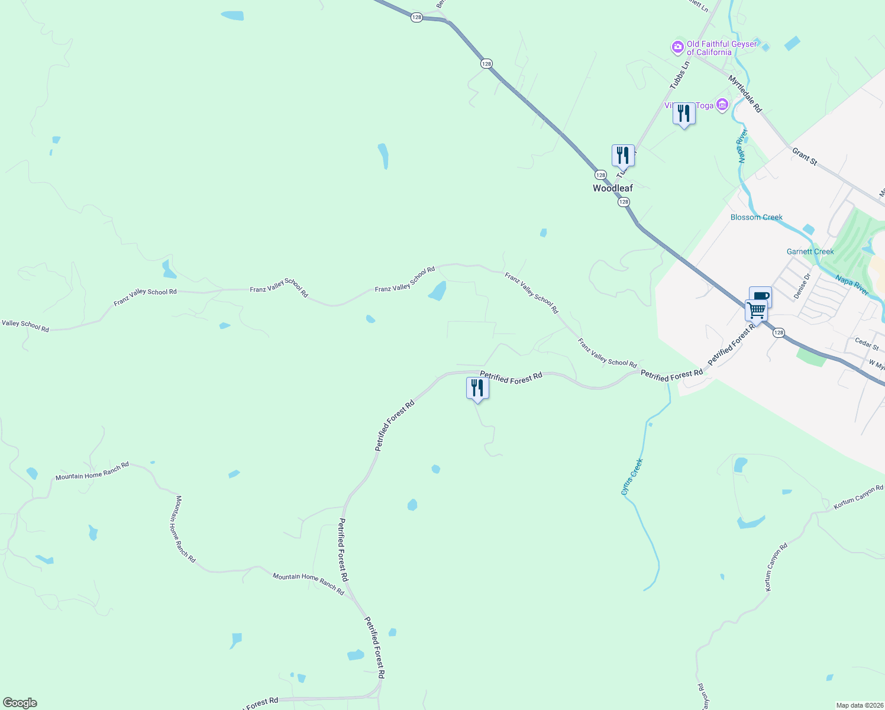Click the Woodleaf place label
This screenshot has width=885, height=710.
(x=613, y=188)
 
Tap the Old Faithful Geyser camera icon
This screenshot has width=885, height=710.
(x=677, y=47)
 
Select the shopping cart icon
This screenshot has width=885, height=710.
(x=756, y=310)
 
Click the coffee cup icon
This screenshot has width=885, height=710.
(x=761, y=296)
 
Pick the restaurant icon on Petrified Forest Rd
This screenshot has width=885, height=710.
(x=477, y=389)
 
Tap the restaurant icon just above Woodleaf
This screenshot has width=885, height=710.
(x=623, y=156)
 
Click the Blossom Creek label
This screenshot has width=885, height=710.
(x=756, y=217)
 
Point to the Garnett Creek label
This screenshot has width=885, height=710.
(x=810, y=251)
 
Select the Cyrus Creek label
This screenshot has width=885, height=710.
(x=632, y=477)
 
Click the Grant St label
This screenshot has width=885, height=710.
(x=805, y=157)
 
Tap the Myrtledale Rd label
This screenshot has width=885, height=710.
(x=745, y=93)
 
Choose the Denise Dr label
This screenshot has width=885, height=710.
(x=803, y=286)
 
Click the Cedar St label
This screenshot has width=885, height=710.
(x=867, y=343)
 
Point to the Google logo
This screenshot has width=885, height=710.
(x=20, y=703)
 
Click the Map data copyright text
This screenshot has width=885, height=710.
(x=859, y=705)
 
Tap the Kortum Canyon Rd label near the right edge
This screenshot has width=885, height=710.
(x=858, y=497)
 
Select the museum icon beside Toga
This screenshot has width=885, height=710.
(x=722, y=105)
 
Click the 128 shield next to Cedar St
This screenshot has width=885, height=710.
(x=779, y=333)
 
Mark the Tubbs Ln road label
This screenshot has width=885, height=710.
(x=680, y=75)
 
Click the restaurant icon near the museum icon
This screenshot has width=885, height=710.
(x=684, y=114)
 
